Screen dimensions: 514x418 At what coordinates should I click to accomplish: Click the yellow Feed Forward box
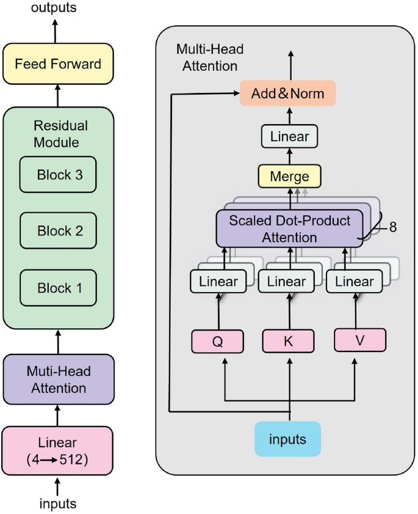tap(58, 64)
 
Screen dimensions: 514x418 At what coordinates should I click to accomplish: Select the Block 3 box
tap(59, 174)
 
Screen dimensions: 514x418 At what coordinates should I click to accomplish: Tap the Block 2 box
tap(59, 230)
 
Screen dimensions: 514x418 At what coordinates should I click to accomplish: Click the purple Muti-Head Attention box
tap(58, 379)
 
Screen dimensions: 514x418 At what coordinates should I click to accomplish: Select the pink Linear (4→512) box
tap(58, 450)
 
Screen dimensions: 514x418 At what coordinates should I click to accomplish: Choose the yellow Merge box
tap(289, 176)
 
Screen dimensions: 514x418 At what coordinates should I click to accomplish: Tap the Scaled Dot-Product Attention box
tap(289, 228)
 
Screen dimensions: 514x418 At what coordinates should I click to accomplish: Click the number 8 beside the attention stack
tap(393, 227)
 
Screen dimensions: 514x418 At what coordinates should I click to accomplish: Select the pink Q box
tap(217, 342)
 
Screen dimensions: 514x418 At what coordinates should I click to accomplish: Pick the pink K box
tap(288, 342)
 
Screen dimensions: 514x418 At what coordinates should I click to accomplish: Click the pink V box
tap(359, 340)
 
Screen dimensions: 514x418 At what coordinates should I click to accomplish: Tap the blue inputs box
tap(287, 439)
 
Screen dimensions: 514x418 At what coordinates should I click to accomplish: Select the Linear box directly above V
tap(354, 282)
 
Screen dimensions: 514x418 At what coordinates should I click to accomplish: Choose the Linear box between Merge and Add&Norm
tap(289, 136)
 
